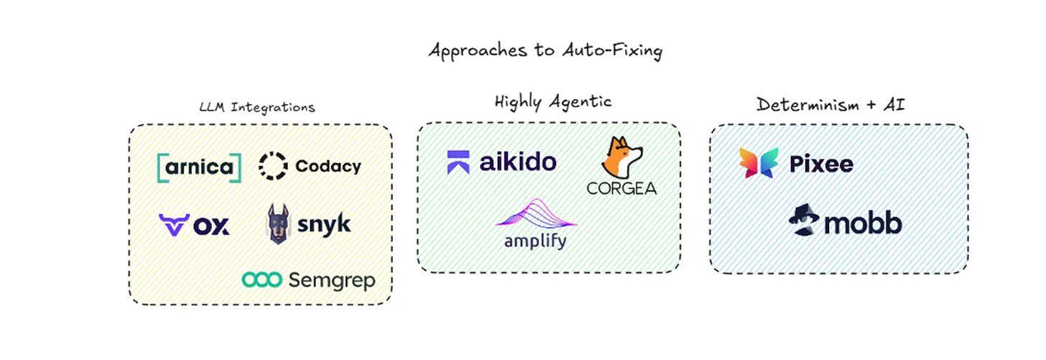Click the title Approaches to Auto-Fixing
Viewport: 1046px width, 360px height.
pyautogui.click(x=544, y=52)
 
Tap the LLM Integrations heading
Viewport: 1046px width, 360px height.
pyautogui.click(x=256, y=108)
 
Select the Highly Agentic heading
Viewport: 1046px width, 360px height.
pyautogui.click(x=552, y=101)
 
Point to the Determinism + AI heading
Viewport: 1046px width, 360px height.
pyautogui.click(x=830, y=104)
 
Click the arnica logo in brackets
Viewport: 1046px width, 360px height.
pyautogui.click(x=199, y=167)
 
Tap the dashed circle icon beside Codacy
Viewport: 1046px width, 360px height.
pyautogui.click(x=273, y=167)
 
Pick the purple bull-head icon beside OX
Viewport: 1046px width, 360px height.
pyautogui.click(x=173, y=225)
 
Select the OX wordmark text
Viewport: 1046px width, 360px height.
pyautogui.click(x=212, y=226)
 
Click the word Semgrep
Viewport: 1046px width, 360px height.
pyautogui.click(x=331, y=280)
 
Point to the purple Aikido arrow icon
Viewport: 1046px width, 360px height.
pyautogui.click(x=458, y=162)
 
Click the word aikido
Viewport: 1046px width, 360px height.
pyautogui.click(x=518, y=162)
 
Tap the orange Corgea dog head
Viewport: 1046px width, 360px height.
pyautogui.click(x=621, y=158)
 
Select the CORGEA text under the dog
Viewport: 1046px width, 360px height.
pyautogui.click(x=621, y=189)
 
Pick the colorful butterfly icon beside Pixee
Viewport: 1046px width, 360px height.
pyautogui.click(x=759, y=163)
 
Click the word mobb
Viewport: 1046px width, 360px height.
pyautogui.click(x=862, y=224)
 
